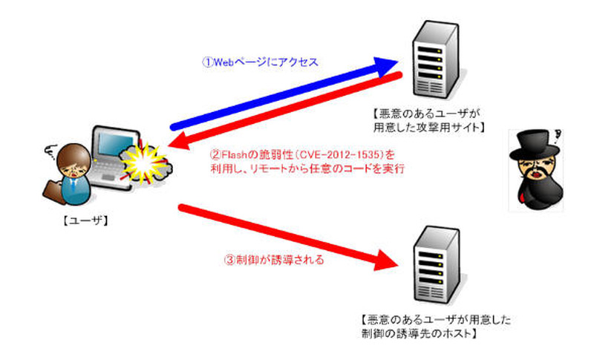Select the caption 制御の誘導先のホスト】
click(420, 333)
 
